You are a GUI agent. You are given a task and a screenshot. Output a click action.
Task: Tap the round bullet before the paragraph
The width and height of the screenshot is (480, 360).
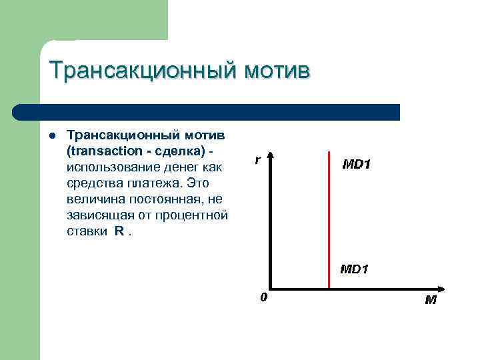click(x=51, y=136)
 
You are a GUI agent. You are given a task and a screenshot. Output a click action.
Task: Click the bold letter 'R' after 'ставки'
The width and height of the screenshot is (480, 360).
click(x=119, y=232)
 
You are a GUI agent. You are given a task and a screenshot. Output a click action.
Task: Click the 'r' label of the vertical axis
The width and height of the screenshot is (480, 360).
click(x=257, y=160)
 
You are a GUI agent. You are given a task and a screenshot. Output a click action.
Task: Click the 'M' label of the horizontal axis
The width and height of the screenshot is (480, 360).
click(x=431, y=299)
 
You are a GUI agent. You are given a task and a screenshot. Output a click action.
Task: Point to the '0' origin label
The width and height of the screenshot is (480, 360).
click(x=263, y=297)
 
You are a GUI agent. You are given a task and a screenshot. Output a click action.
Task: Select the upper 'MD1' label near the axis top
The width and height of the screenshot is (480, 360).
click(x=357, y=163)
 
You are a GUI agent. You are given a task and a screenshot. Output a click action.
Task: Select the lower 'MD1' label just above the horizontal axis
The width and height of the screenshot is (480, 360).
click(x=355, y=269)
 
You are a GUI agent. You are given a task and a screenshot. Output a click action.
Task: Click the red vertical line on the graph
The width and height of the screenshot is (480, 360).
click(x=329, y=220)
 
